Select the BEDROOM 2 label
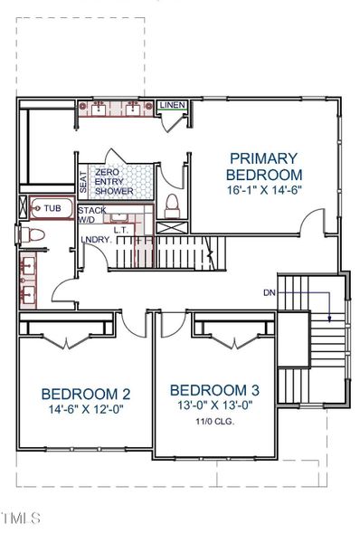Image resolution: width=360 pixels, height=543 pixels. point(86,394)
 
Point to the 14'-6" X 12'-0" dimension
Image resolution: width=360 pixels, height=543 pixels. point(86,410)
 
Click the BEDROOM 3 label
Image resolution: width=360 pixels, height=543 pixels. point(215,390)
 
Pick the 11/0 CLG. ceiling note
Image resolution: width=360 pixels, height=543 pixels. point(215,422)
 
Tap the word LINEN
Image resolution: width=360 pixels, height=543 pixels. point(173,106)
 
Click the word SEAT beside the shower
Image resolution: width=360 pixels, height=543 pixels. point(83,181)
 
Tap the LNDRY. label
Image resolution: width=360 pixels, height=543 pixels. point(96,239)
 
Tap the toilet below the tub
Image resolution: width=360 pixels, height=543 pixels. point(33,235)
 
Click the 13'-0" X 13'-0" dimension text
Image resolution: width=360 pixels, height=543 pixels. point(215,406)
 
